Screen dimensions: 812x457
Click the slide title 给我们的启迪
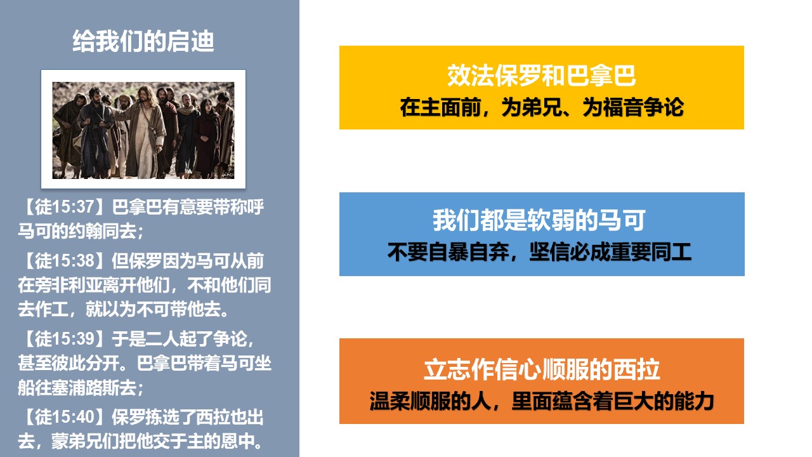click(143, 41)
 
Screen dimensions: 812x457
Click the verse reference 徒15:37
click(65, 207)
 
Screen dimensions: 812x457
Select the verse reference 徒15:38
click(65, 261)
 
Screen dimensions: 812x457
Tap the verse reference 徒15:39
click(65, 338)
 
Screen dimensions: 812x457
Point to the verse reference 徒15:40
click(65, 417)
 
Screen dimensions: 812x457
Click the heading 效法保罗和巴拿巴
click(542, 76)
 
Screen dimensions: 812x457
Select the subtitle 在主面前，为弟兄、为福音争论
click(542, 107)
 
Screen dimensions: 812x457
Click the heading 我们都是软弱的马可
click(539, 220)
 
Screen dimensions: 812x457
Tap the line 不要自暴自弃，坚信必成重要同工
click(539, 252)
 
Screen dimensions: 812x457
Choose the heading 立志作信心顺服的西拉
click(542, 369)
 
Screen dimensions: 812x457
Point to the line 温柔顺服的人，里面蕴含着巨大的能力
click(542, 401)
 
